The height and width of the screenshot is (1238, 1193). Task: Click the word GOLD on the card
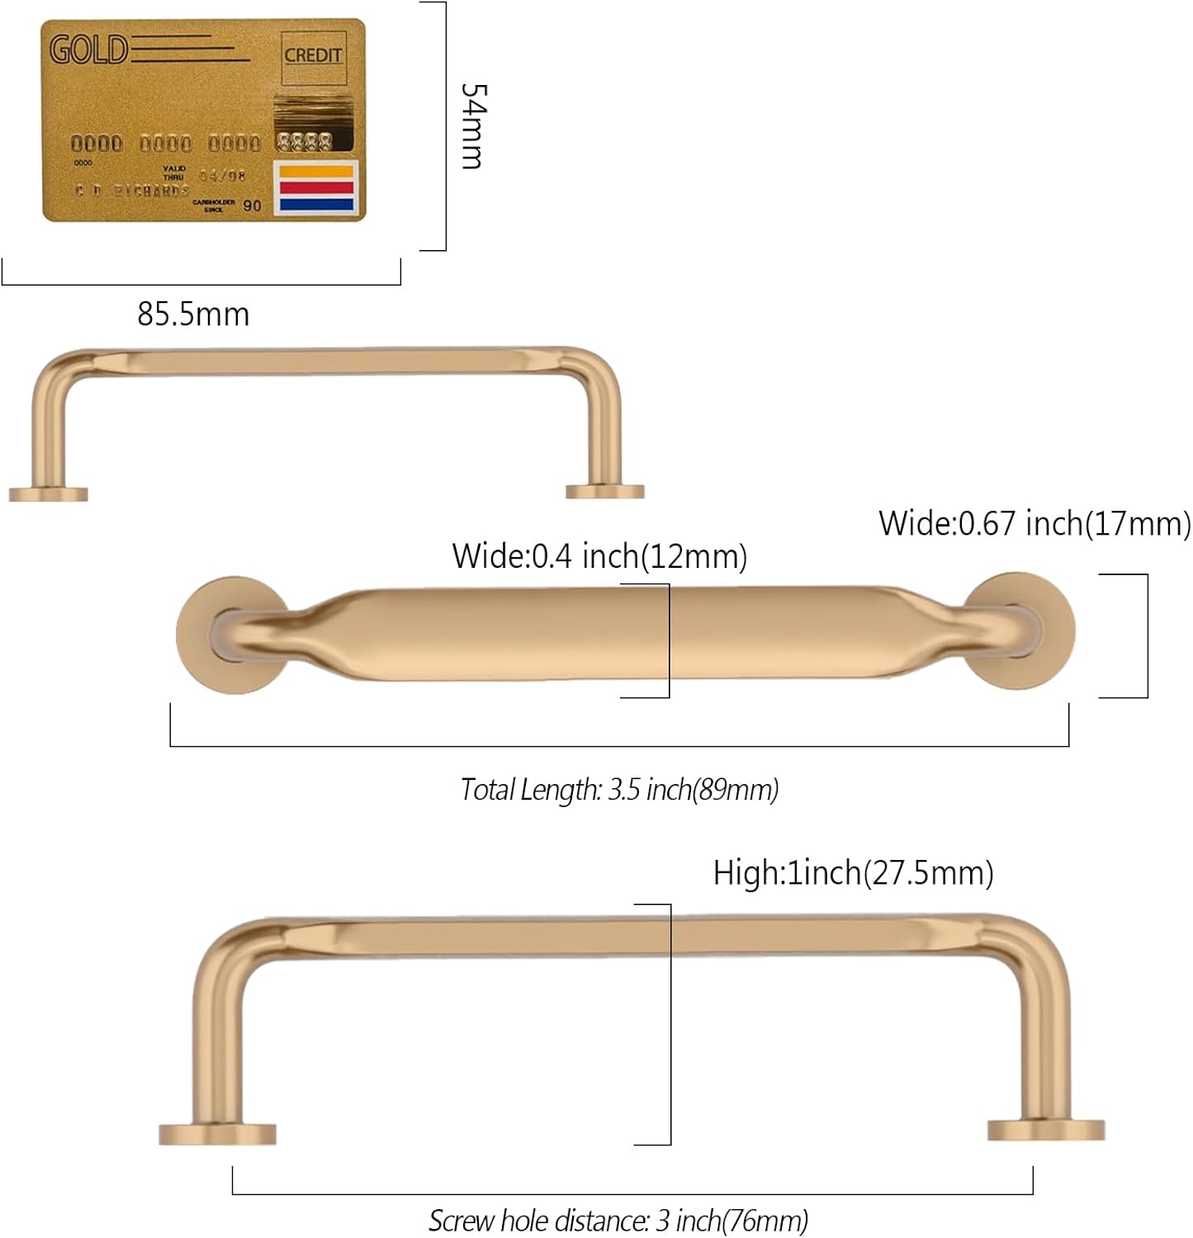pyautogui.click(x=89, y=50)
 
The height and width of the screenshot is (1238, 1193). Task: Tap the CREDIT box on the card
pyautogui.click(x=313, y=55)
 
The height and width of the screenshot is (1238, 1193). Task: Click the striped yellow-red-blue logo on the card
pyautogui.click(x=317, y=188)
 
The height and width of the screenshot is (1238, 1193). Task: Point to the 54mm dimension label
pyautogui.click(x=474, y=125)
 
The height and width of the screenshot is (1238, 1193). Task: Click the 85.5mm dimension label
pyautogui.click(x=193, y=314)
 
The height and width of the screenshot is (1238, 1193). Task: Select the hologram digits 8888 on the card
pyautogui.click(x=305, y=142)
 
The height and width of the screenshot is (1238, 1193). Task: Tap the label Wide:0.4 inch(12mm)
pyautogui.click(x=599, y=556)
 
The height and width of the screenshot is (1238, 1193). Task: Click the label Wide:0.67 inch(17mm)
pyautogui.click(x=1034, y=523)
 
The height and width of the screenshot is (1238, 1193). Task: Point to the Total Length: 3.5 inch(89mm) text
pyautogui.click(x=619, y=790)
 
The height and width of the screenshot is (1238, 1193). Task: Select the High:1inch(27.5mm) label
pyautogui.click(x=853, y=872)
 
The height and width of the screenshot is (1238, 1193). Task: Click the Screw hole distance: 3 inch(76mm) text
pyautogui.click(x=618, y=1220)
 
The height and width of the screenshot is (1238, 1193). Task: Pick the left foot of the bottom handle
pyautogui.click(x=217, y=1133)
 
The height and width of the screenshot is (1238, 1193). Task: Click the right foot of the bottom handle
pyautogui.click(x=1046, y=1130)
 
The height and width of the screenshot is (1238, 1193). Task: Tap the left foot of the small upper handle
pyautogui.click(x=48, y=494)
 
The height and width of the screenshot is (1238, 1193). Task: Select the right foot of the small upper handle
pyautogui.click(x=604, y=491)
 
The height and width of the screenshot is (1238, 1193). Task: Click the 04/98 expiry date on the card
pyautogui.click(x=222, y=176)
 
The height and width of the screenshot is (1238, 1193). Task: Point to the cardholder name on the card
pyautogui.click(x=132, y=191)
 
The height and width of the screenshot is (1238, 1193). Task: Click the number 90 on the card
pyautogui.click(x=252, y=206)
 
